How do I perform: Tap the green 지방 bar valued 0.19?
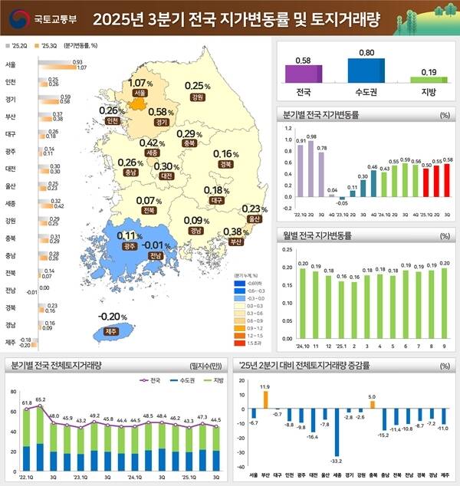click(x=428, y=79)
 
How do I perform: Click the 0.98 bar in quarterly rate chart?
click(x=312, y=169)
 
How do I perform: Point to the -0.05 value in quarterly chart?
click(x=342, y=203)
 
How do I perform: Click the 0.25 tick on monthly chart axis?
click(x=287, y=249)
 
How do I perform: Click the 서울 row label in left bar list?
click(x=11, y=64)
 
